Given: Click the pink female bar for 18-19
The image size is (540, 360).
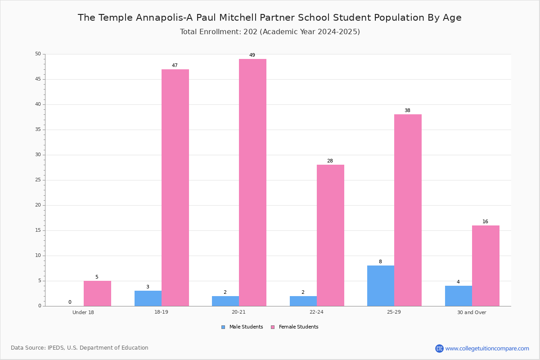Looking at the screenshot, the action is point(175,188).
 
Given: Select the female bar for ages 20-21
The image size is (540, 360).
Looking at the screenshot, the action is point(252,183).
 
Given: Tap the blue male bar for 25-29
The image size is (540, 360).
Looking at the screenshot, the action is point(381,286).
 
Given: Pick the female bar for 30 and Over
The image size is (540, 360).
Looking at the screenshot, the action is point(486,265).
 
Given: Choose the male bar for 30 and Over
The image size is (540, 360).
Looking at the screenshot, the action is point(459,296).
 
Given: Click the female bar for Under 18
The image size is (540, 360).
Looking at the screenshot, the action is point(97,293).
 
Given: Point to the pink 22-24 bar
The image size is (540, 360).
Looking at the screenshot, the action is point(330,235).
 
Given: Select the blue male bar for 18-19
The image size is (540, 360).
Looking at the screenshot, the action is point(148,298).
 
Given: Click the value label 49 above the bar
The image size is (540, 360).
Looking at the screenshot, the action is point(252,55).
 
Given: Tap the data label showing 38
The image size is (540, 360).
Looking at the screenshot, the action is point(407,110).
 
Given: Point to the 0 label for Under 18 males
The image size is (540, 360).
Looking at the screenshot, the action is point(70,302).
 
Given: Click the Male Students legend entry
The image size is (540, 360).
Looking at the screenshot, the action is point(242,327).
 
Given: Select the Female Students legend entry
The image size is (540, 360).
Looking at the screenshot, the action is point(295,327).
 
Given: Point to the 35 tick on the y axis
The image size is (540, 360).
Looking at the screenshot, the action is point(38,130).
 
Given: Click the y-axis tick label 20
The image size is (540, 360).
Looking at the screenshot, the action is point(38,205).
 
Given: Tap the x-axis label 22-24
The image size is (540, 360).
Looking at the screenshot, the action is point(316,312).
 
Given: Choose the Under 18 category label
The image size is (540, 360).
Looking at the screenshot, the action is point(83,312).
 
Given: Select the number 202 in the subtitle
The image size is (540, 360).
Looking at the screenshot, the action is point(251,32).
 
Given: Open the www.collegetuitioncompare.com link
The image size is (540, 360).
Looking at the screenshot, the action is point(487,348).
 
